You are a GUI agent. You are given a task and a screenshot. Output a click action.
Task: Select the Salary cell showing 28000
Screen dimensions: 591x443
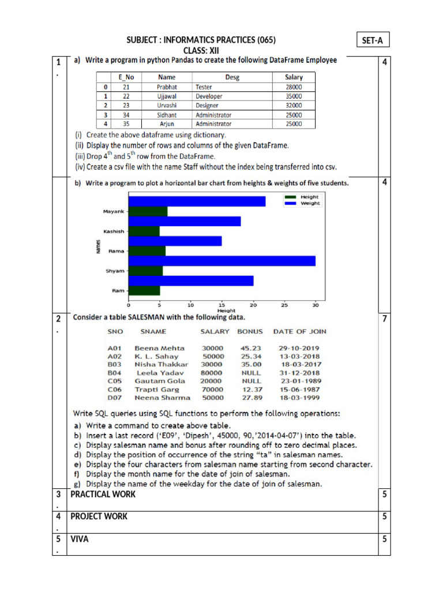(293, 87)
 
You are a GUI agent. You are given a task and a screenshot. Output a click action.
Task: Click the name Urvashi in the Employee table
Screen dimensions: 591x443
(166, 106)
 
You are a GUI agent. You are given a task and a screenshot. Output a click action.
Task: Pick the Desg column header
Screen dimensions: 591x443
(232, 77)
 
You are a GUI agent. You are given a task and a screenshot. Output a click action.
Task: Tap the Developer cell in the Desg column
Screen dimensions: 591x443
(209, 96)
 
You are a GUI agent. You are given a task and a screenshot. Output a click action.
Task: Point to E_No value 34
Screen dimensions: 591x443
(126, 115)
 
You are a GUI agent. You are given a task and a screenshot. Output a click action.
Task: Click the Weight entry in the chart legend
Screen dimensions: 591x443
(309, 203)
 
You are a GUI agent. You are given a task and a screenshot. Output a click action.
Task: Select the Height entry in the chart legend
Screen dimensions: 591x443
(309, 197)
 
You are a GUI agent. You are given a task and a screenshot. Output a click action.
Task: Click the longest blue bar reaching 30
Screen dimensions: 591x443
(222, 261)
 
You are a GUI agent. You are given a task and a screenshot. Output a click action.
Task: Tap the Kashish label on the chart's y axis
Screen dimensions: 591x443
(113, 231)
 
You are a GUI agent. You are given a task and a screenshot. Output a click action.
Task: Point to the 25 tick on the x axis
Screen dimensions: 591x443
(284, 305)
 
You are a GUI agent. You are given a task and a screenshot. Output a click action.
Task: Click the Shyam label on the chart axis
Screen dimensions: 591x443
(114, 271)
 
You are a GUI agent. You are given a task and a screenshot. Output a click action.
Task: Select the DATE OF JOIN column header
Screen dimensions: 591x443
(299, 331)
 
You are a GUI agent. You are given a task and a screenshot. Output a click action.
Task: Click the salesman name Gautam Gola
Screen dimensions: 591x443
(160, 381)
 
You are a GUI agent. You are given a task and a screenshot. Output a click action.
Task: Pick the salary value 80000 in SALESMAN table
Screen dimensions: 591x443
(212, 373)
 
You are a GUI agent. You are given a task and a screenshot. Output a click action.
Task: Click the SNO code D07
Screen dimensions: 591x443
(114, 398)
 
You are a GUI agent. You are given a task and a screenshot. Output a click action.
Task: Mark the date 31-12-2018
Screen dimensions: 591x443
(299, 373)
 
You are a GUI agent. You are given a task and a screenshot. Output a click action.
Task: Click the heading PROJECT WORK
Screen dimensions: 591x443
(99, 517)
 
